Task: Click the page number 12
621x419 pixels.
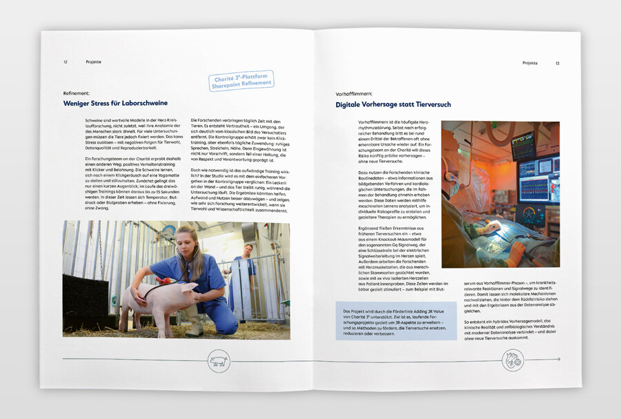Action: [66, 62]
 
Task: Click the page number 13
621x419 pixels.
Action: [557, 63]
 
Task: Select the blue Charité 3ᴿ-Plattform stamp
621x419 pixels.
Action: [241, 80]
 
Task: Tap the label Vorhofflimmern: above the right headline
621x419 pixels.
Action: [354, 93]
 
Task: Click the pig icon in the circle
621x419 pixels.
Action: [219, 360]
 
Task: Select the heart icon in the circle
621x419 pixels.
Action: [511, 359]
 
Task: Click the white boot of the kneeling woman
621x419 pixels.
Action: [195, 325]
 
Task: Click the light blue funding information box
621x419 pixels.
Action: [396, 320]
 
